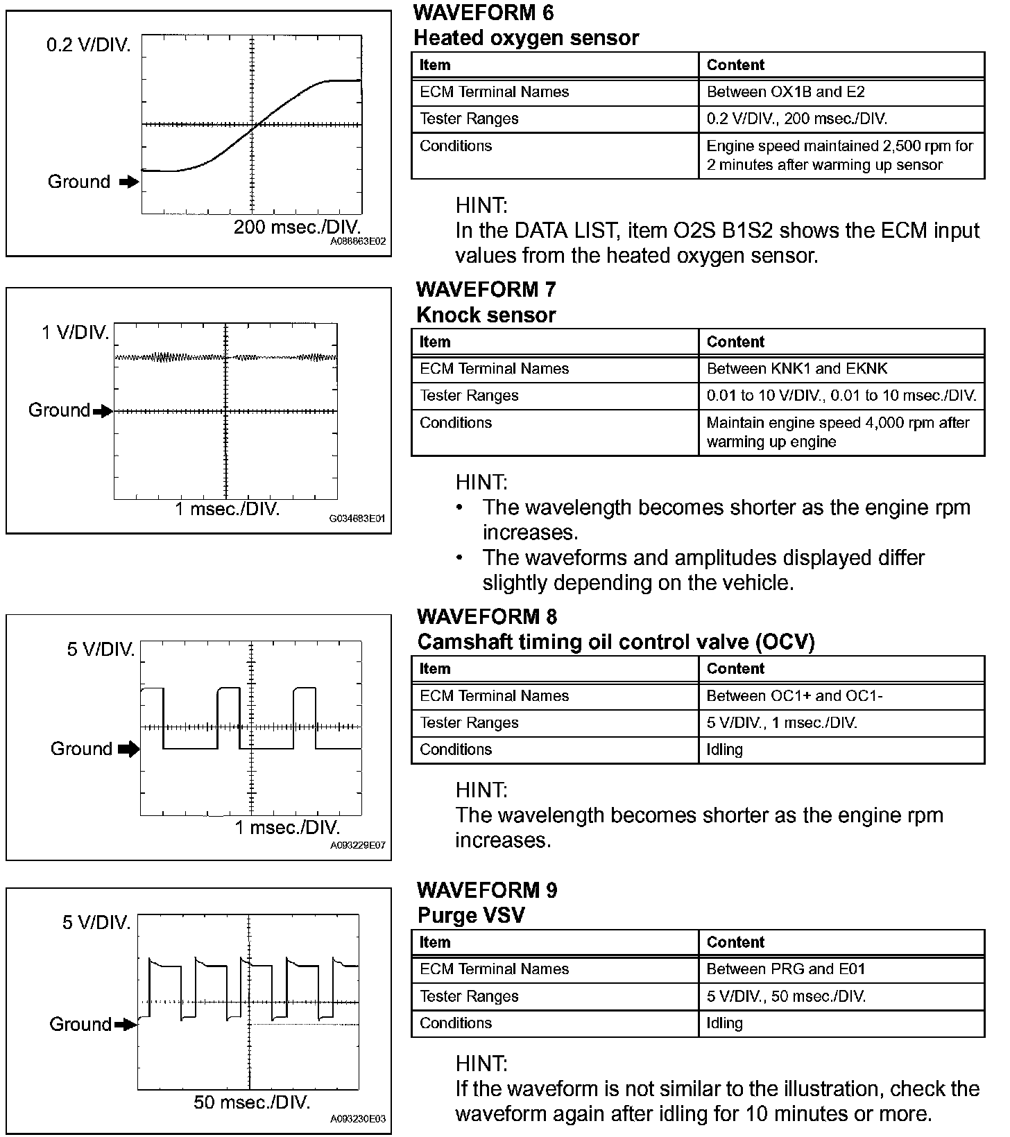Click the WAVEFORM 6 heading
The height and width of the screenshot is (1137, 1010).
tap(483, 12)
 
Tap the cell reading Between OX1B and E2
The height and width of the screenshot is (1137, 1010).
tap(785, 92)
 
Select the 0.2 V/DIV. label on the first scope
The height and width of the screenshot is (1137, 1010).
tap(89, 46)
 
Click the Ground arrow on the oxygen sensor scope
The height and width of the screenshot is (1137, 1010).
tap(129, 182)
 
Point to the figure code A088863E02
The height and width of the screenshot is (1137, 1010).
tap(357, 242)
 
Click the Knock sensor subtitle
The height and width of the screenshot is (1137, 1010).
tap(486, 315)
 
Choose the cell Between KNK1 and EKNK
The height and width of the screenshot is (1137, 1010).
tap(796, 369)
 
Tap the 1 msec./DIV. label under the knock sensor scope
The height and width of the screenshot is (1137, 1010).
tap(227, 510)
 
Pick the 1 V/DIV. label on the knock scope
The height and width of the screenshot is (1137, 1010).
tap(76, 333)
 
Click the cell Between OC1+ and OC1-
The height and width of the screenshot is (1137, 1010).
tap(794, 696)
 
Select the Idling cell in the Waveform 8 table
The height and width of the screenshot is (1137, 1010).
tap(724, 750)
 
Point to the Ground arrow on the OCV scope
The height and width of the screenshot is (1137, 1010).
tap(129, 749)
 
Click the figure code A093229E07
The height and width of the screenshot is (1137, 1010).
tap(357, 846)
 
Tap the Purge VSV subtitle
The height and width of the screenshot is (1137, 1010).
tap(471, 916)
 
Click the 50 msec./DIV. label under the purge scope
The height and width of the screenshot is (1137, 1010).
tap(252, 1102)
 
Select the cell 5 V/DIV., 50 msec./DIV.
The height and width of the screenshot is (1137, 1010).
tap(786, 996)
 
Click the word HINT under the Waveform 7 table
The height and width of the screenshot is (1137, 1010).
tap(481, 483)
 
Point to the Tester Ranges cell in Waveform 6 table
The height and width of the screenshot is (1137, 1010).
tap(469, 119)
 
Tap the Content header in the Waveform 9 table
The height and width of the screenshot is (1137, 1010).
tap(735, 943)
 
